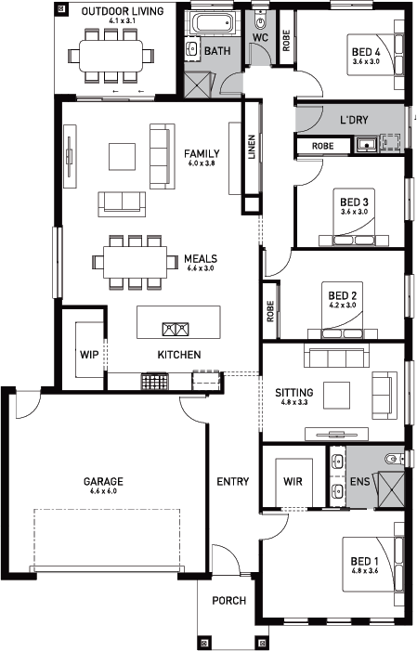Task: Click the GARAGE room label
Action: point(103,482)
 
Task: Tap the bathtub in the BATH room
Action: point(213,23)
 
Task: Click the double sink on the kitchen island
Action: point(176,330)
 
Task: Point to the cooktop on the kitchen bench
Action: point(155,381)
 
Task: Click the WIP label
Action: point(89,355)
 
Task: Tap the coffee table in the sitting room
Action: point(337,396)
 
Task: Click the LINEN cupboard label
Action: point(252,147)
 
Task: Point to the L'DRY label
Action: point(354,120)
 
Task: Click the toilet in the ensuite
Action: point(394,459)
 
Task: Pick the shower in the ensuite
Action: point(391,489)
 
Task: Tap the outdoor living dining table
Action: point(111,55)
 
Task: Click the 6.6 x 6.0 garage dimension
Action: point(103,491)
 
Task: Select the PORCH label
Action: point(228,600)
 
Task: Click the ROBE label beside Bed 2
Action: point(271,311)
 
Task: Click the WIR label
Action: point(293,482)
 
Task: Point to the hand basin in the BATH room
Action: point(192,48)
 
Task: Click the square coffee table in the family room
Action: point(122,157)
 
